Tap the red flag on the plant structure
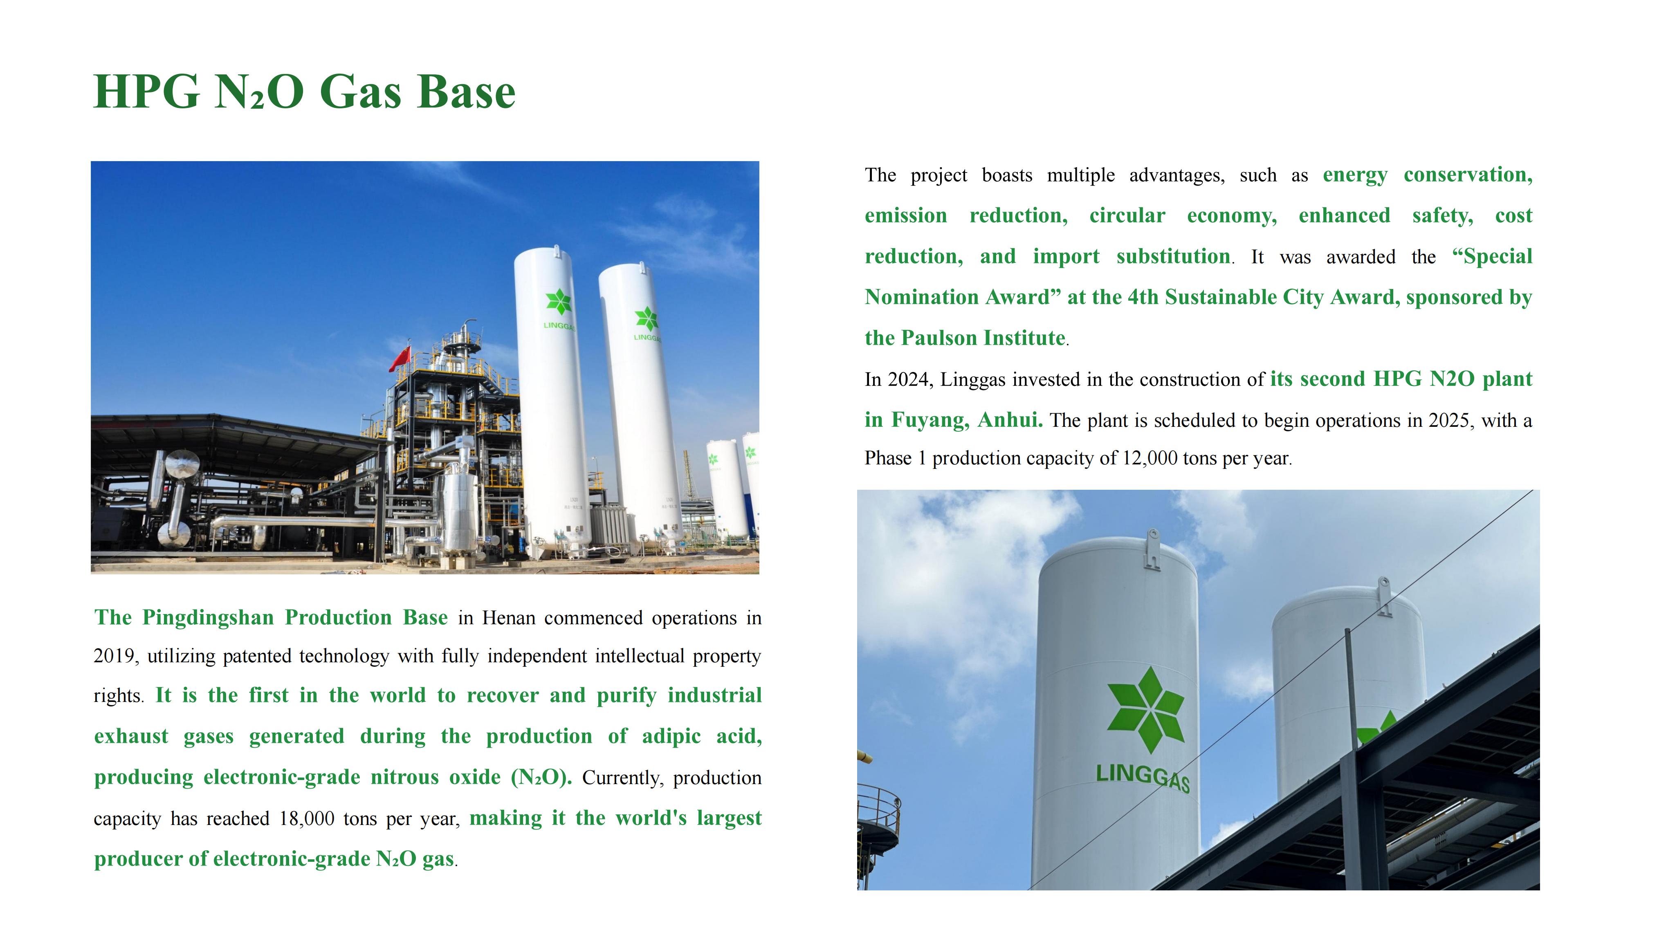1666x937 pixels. click(400, 358)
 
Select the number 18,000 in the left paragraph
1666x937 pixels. click(307, 819)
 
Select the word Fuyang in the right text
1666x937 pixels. click(930, 420)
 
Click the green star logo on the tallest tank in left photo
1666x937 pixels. click(559, 303)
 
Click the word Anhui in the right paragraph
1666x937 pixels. click(1010, 420)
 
